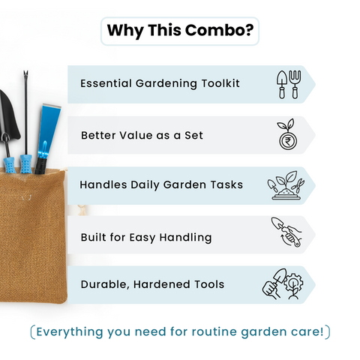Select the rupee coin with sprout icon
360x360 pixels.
click(286, 135)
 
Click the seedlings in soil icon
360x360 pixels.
click(286, 185)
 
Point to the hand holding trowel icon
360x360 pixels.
click(286, 235)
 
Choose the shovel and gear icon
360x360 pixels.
click(286, 284)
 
